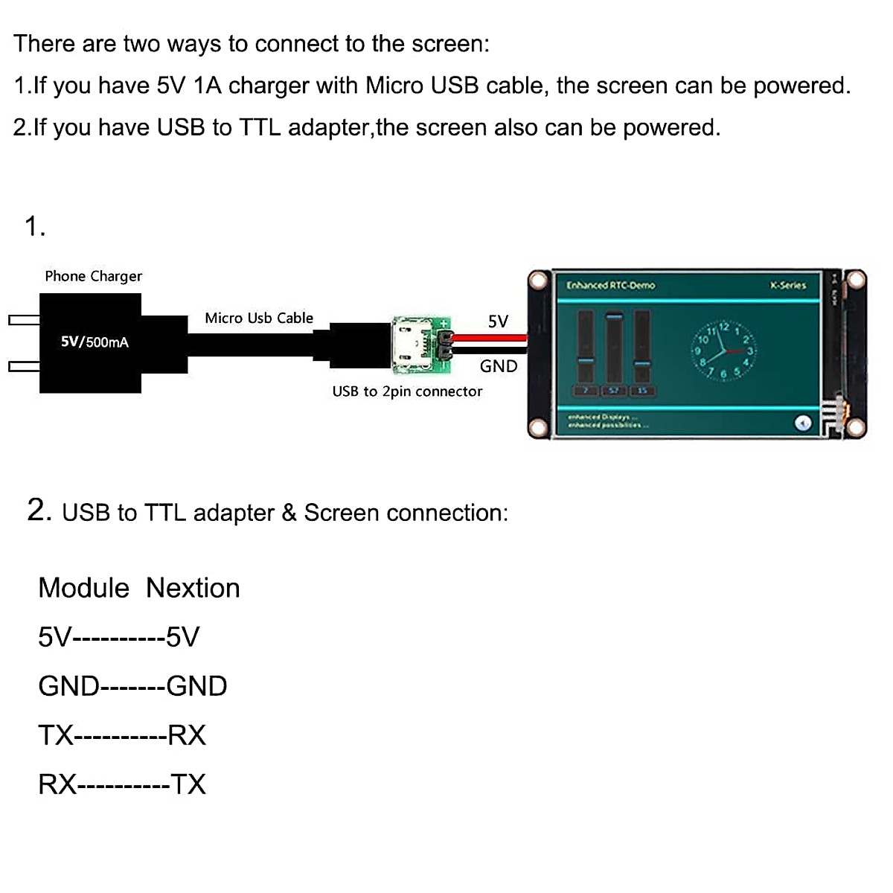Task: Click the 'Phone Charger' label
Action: coord(93,276)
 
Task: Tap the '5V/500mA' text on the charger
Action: coord(95,342)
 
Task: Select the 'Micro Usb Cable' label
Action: coord(259,319)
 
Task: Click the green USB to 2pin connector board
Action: coord(420,344)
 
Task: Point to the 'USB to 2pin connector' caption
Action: coord(407,391)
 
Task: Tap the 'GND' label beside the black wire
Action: coord(498,366)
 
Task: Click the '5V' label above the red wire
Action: coord(498,321)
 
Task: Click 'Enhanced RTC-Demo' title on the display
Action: coord(610,285)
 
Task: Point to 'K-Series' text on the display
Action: coord(787,285)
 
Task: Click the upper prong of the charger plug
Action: coord(24,320)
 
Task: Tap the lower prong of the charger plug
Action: coord(24,366)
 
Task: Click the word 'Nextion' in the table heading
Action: coord(193,588)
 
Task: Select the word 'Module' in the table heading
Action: coord(83,588)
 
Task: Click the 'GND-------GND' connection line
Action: coord(132,686)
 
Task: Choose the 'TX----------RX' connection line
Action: coord(122,735)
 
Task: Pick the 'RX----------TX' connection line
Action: coord(122,784)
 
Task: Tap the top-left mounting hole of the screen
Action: coord(538,281)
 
